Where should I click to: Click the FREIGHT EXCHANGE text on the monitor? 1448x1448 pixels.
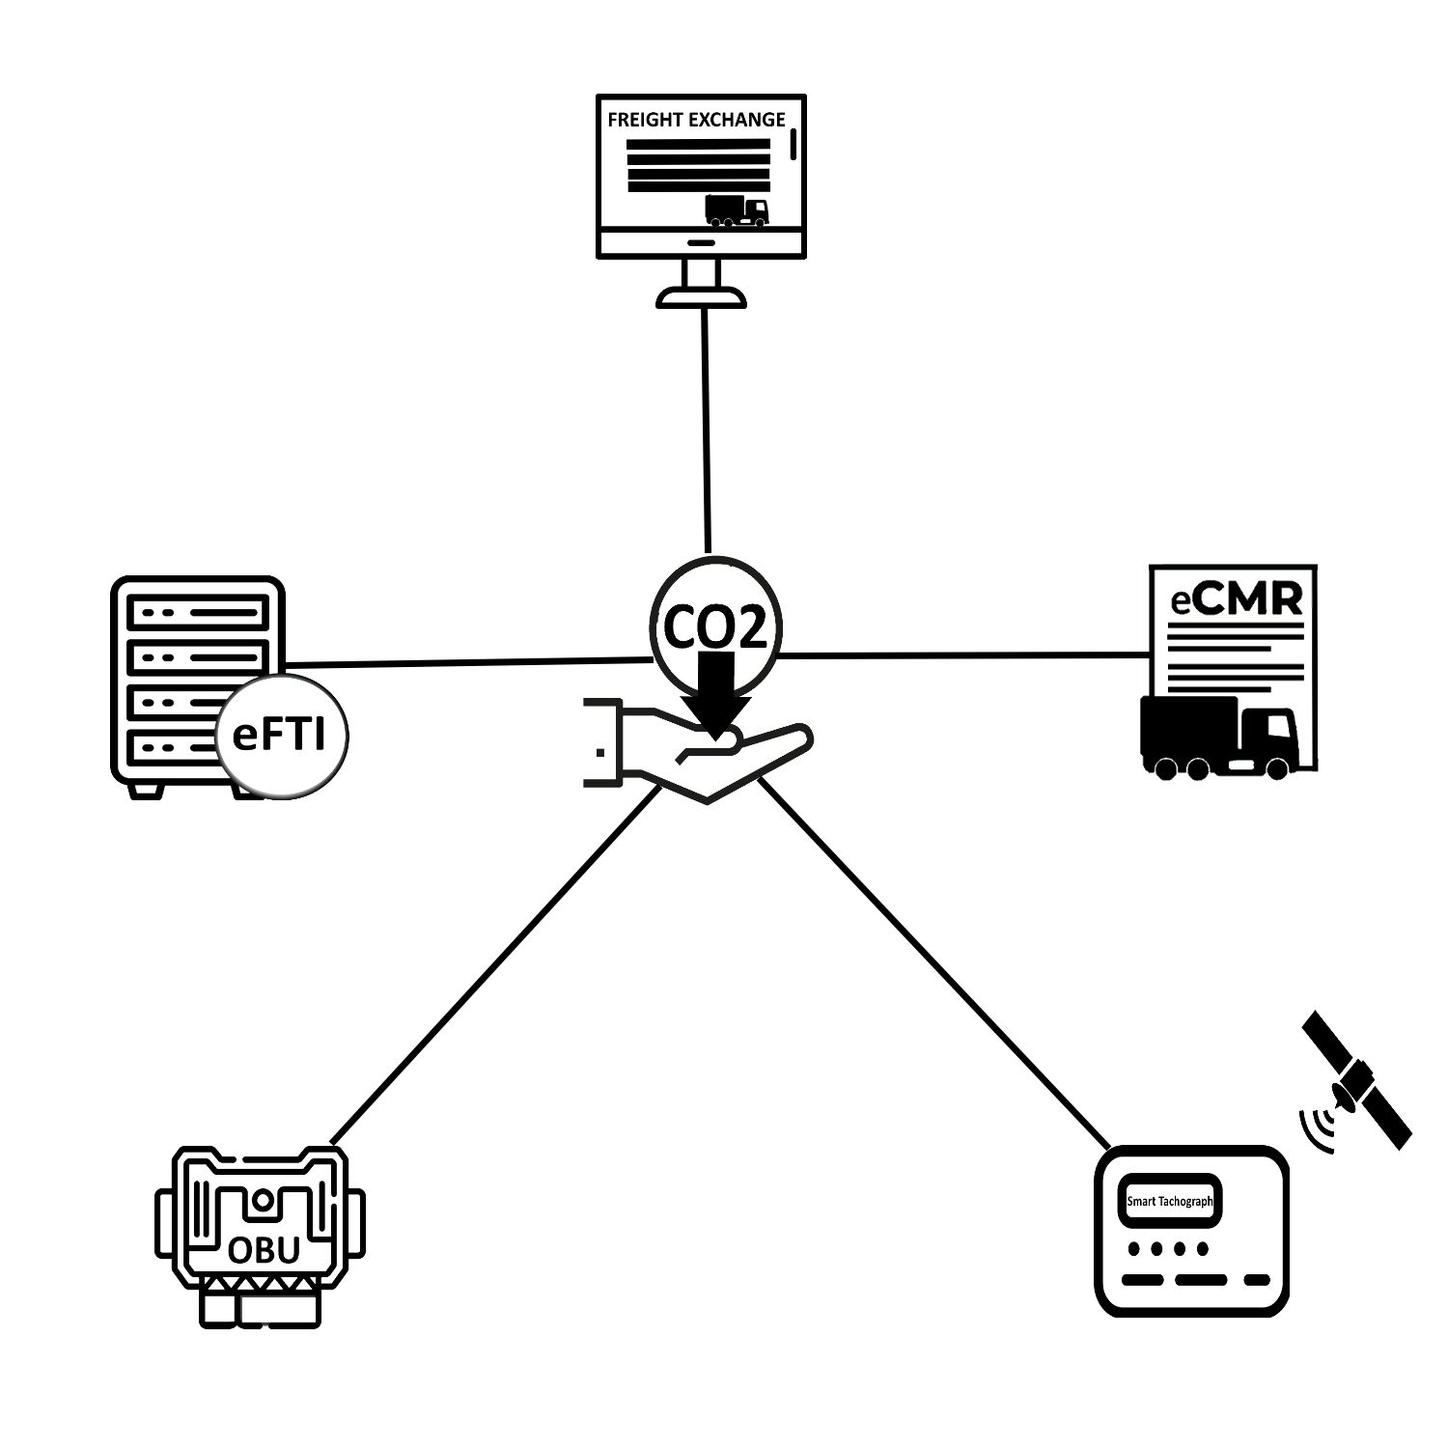[696, 120]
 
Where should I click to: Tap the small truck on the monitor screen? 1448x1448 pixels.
[737, 210]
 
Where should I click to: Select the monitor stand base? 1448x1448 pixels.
[701, 297]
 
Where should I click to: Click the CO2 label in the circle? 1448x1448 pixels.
[714, 627]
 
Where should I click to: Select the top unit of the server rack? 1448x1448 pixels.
[197, 612]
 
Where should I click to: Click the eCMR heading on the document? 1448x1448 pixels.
[1237, 599]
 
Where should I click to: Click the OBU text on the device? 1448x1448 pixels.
[264, 1250]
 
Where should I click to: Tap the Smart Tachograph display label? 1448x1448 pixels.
[1169, 1202]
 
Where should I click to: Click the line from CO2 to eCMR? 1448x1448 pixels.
[965, 655]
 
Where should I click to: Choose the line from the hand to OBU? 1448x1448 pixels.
[492, 965]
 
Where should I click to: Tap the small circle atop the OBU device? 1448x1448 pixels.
[261, 1201]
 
